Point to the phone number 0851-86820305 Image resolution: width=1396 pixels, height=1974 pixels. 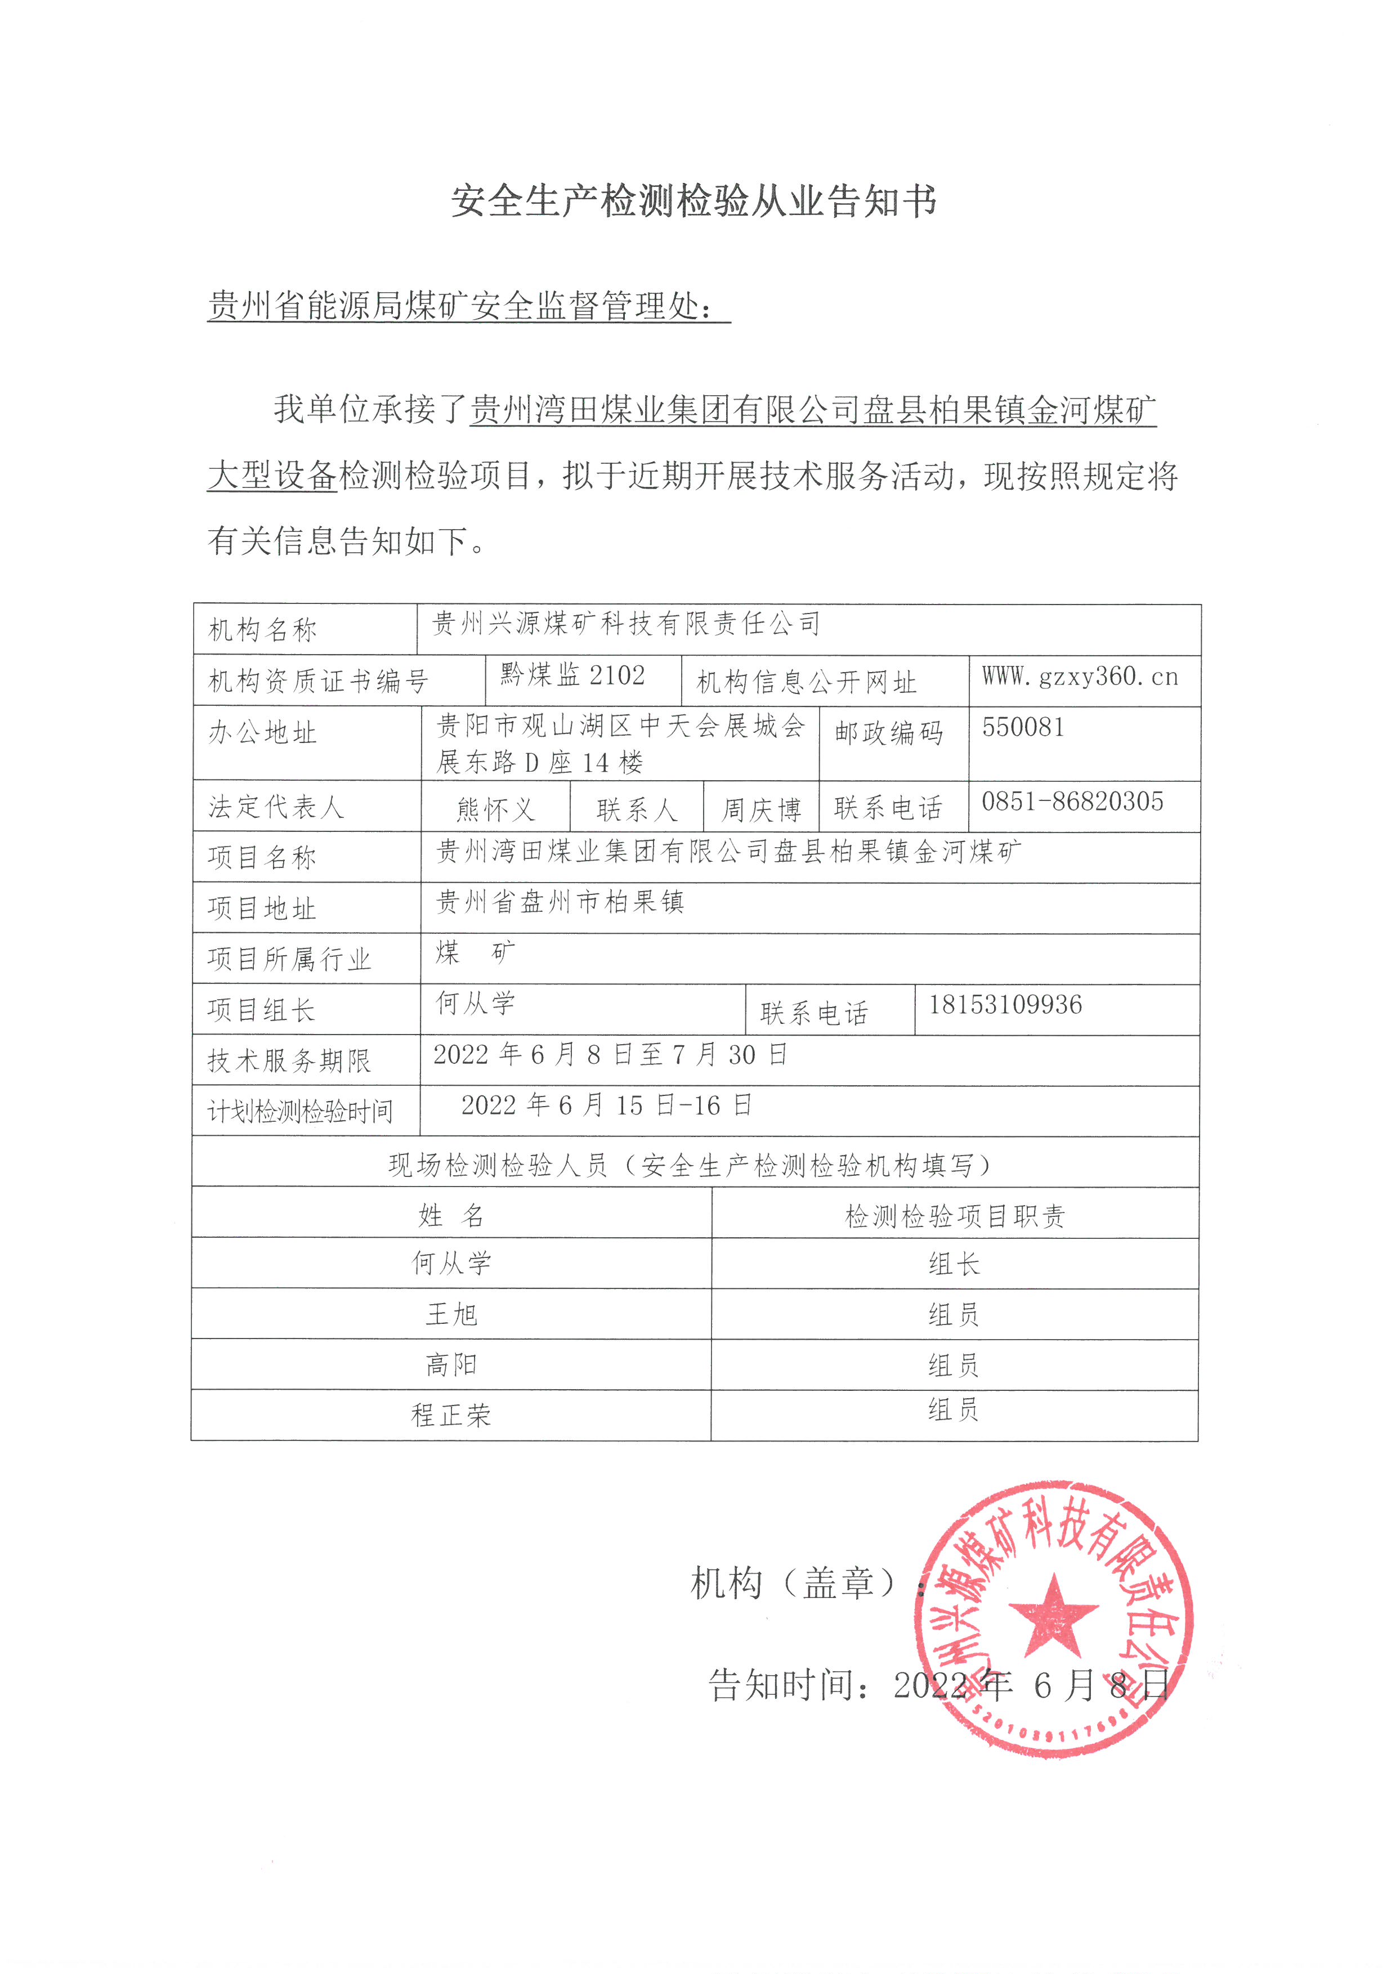(x=1072, y=802)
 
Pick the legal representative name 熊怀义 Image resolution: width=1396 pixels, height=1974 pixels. (x=495, y=809)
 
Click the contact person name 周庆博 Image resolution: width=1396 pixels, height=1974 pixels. (x=760, y=809)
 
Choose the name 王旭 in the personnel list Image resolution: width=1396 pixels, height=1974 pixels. (x=451, y=1314)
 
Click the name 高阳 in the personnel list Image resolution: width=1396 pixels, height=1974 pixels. (x=451, y=1364)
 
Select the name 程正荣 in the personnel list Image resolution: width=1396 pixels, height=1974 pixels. (x=451, y=1415)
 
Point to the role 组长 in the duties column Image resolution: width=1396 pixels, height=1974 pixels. (x=954, y=1264)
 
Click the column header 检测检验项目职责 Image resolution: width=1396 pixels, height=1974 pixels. (x=954, y=1216)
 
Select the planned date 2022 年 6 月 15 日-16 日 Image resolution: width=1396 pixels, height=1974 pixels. (x=606, y=1105)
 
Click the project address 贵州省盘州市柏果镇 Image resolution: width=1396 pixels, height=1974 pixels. (x=561, y=902)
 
